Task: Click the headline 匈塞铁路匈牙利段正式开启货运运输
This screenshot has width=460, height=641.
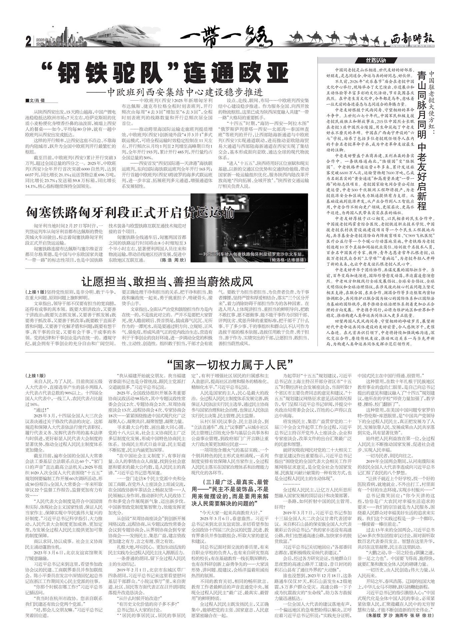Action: tap(130, 212)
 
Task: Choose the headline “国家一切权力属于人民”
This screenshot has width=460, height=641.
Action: tap(230, 364)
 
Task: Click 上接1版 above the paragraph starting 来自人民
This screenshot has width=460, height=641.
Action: tap(37, 375)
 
